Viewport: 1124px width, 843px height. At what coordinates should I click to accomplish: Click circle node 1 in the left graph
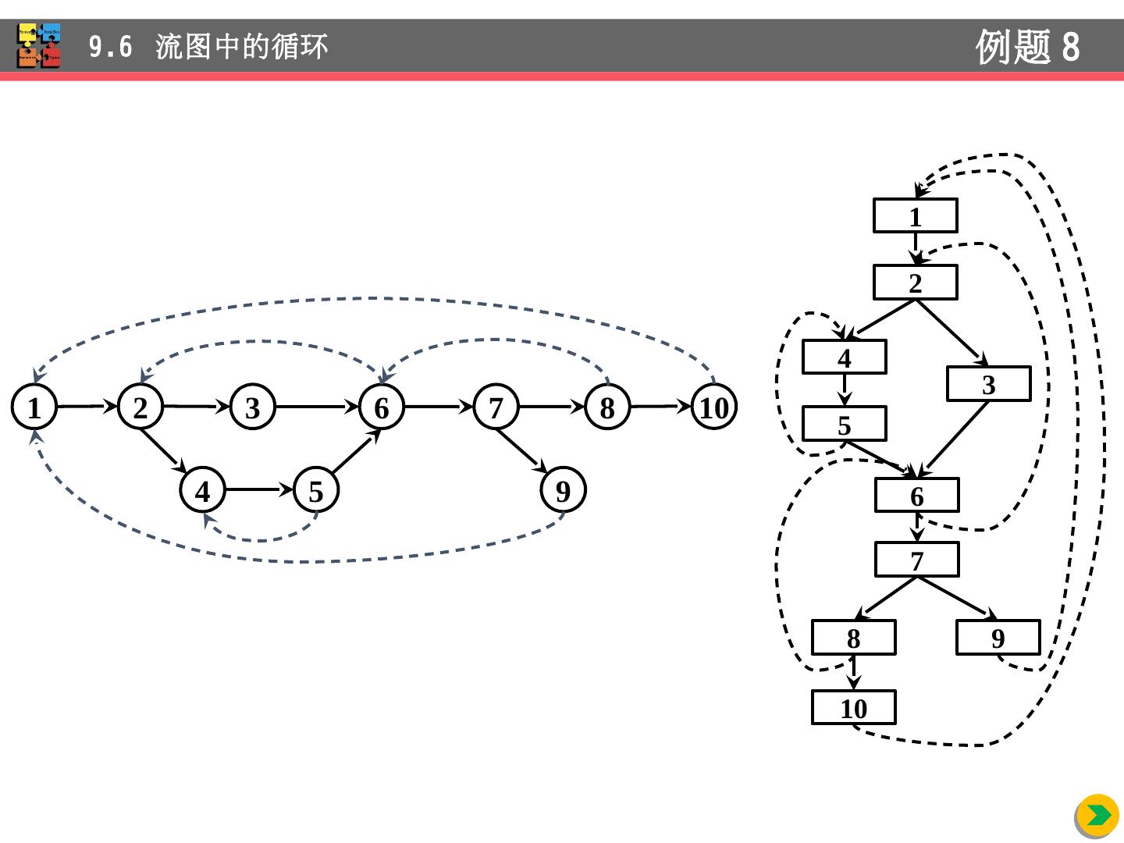34,407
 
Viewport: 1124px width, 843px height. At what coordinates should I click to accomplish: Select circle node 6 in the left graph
382,407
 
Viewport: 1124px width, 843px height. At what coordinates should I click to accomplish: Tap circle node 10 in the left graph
714,407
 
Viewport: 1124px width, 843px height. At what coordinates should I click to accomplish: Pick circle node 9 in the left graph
563,490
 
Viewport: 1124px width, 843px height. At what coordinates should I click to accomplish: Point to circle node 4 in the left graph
203,491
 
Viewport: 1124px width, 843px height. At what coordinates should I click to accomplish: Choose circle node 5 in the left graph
316,491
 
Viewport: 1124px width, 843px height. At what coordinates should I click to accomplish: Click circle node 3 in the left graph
253,407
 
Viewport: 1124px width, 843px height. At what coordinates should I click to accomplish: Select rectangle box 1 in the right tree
916,216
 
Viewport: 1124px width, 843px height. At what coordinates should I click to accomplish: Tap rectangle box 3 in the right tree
989,384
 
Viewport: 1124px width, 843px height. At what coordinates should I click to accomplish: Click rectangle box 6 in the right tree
917,496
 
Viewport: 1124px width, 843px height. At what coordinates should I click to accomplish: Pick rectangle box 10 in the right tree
854,708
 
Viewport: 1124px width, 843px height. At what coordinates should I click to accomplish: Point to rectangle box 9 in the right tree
998,638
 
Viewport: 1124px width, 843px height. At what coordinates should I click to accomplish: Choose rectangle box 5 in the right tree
845,425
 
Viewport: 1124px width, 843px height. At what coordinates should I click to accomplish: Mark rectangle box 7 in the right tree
917,560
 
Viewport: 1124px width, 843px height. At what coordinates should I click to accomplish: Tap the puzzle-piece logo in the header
39,45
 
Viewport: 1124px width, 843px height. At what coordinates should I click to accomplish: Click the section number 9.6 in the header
110,47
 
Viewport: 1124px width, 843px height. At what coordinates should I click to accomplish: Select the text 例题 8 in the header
1027,47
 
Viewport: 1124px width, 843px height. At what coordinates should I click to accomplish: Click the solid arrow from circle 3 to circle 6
317,407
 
